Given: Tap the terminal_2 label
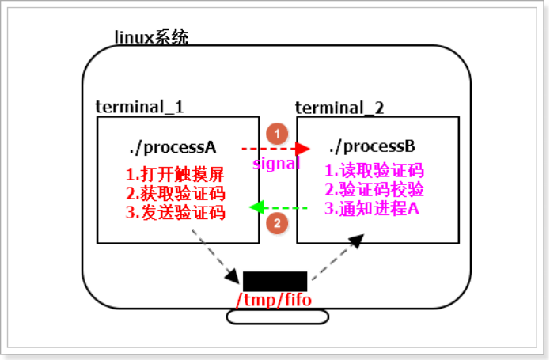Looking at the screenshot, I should click(x=339, y=107).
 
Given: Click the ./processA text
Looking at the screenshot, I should click(x=172, y=148).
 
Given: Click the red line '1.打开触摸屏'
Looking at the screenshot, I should click(x=175, y=174).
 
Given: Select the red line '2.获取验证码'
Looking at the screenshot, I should click(x=175, y=193).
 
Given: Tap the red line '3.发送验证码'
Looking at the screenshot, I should click(x=175, y=212).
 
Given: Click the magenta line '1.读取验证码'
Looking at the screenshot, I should click(x=374, y=170).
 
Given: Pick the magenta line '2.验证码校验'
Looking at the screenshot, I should click(x=374, y=189).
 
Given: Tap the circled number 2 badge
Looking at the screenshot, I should click(x=276, y=224).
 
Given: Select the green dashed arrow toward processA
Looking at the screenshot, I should click(x=279, y=208).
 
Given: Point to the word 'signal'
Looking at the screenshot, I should click(x=276, y=164).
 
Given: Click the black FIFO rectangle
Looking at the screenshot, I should click(x=275, y=281).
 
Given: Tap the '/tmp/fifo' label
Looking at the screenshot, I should click(x=275, y=300).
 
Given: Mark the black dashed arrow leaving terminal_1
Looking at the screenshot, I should click(x=215, y=256).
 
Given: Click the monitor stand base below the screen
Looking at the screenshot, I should click(x=277, y=317).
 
